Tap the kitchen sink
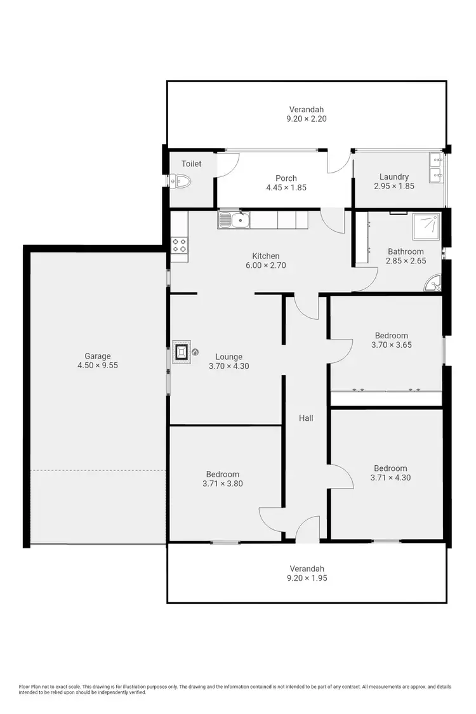click(x=234, y=221)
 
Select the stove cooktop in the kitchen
click(x=179, y=246)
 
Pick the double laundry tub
click(x=437, y=168)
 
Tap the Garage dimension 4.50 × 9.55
click(x=98, y=365)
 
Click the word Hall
click(x=307, y=418)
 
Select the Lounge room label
click(x=228, y=357)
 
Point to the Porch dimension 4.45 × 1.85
click(x=286, y=188)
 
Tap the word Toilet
click(x=191, y=164)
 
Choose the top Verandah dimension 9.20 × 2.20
click(x=307, y=119)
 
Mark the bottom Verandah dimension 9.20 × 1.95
click(x=307, y=578)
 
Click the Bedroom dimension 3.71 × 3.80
click(x=222, y=484)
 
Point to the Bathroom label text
click(x=406, y=251)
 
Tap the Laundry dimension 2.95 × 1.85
click(x=393, y=186)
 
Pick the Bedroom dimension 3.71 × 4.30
click(x=390, y=478)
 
